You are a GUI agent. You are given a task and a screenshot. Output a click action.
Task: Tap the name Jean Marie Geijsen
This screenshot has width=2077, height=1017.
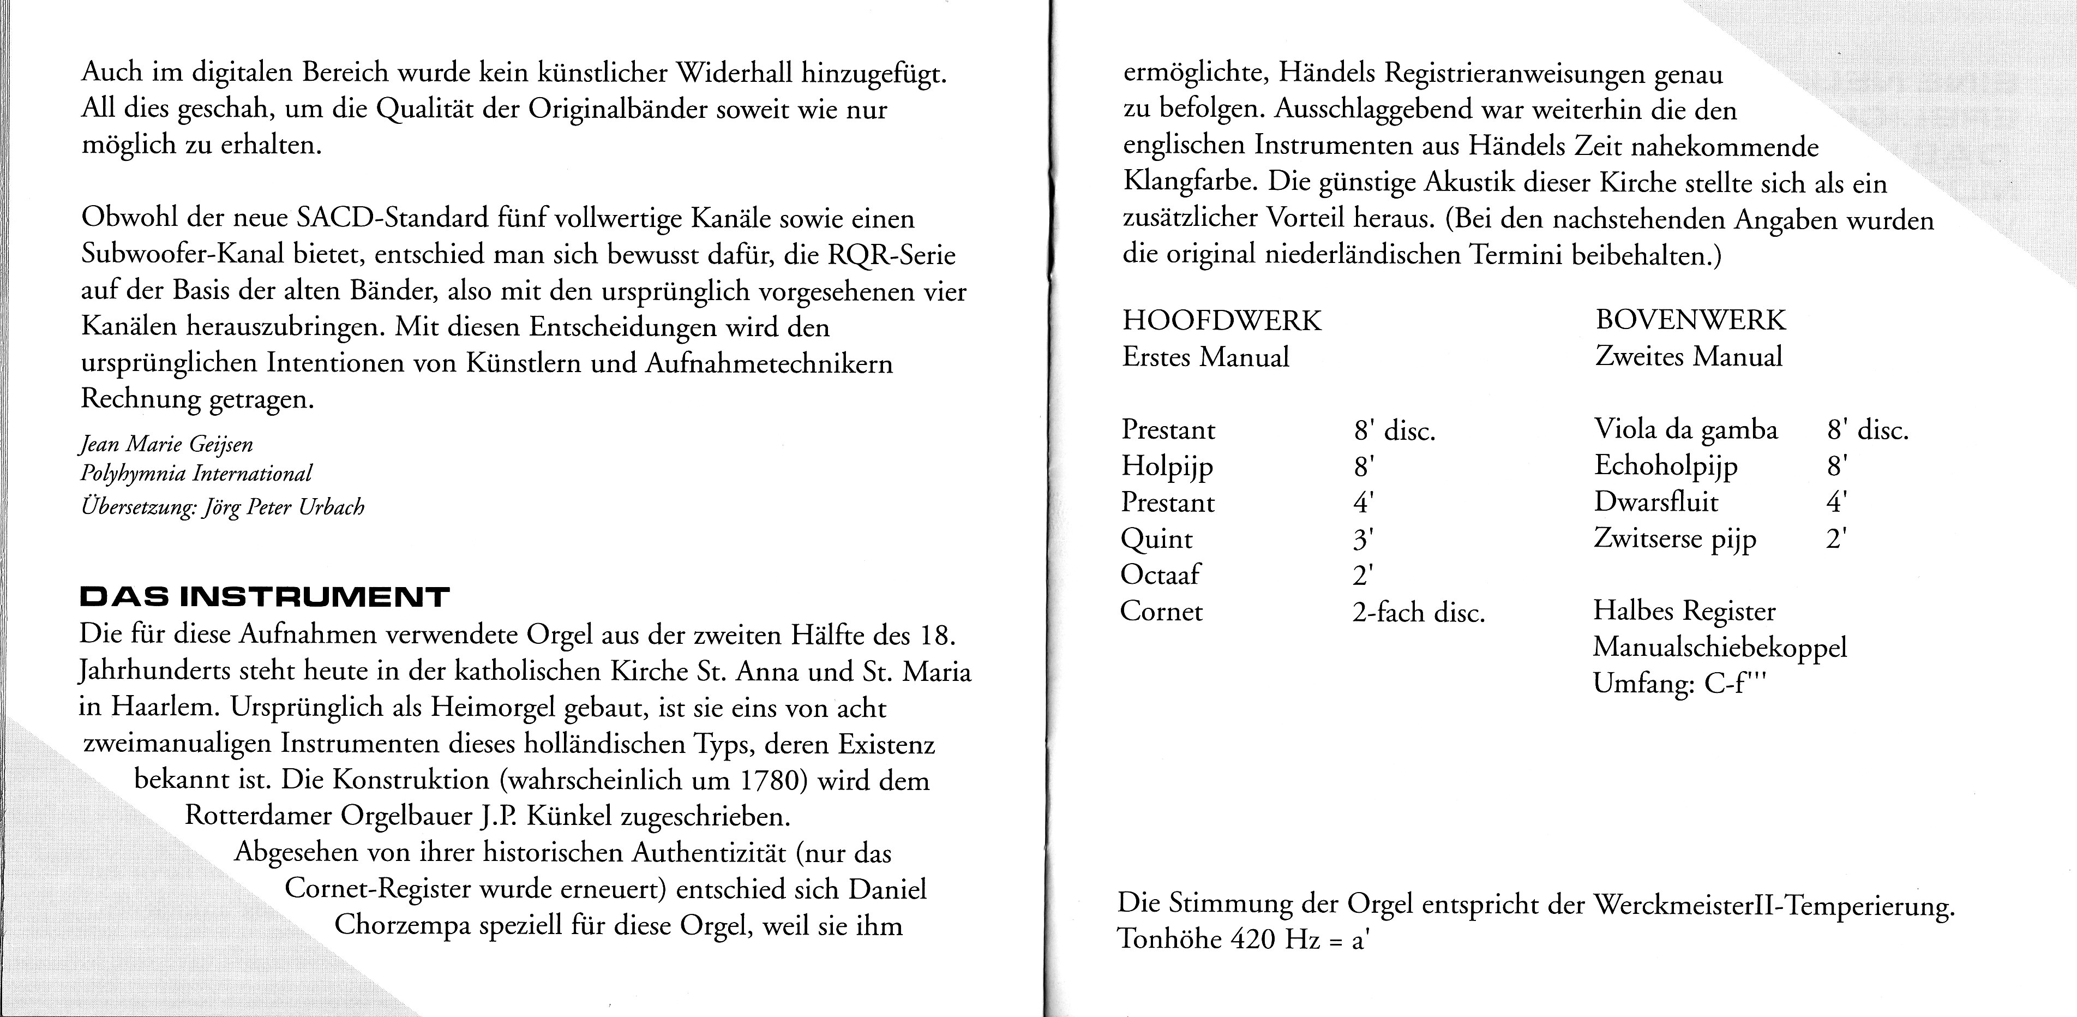[x=167, y=444]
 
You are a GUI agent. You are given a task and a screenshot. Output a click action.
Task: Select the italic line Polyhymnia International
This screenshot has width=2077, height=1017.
[x=196, y=474]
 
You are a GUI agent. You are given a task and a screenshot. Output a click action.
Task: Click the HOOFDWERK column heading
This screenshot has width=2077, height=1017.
[x=1222, y=321]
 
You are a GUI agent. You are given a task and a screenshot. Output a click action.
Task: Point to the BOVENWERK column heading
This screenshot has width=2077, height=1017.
[x=1690, y=320]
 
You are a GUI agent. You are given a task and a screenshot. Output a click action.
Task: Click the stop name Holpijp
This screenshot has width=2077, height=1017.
[x=1167, y=466]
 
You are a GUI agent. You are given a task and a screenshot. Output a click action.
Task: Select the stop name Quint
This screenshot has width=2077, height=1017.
[x=1156, y=539]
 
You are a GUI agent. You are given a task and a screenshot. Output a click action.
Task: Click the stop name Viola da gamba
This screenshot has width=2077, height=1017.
[x=1685, y=430]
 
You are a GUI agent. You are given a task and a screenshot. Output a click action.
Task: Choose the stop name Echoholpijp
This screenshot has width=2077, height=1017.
[x=1666, y=466]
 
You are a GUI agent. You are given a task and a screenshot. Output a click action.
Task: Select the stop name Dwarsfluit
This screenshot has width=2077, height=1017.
[x=1655, y=502]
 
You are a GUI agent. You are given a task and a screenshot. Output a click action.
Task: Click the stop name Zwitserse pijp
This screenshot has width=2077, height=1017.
[x=1674, y=539]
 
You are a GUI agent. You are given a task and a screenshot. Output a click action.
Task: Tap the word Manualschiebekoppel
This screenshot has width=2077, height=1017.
[x=1719, y=648]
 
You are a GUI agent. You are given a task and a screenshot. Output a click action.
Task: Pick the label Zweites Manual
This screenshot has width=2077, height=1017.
[x=1688, y=356]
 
